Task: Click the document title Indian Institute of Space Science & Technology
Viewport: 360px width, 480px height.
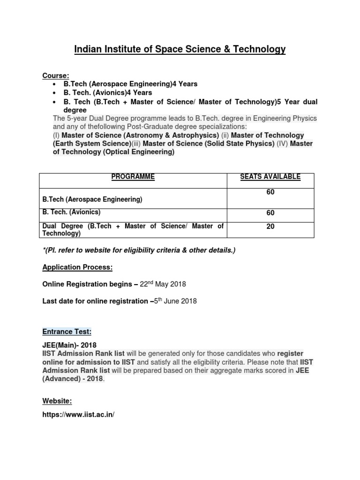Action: pos(180,49)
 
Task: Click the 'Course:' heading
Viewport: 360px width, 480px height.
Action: pos(56,75)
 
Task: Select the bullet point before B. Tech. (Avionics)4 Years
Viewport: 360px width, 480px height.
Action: pos(55,93)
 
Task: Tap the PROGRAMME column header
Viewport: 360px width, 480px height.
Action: pos(133,177)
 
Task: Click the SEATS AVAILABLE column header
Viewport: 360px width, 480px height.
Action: pos(270,177)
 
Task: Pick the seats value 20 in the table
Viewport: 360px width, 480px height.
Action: pos(270,226)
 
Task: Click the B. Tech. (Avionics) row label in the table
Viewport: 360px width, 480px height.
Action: pos(71,212)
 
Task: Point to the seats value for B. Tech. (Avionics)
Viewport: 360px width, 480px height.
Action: pos(270,213)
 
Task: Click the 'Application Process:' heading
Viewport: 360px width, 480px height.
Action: pos(77,267)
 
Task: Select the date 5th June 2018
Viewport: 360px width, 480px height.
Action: pos(176,301)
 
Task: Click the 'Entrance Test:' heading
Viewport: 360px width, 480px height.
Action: pos(67,332)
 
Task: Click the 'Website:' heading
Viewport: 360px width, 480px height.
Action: pos(57,401)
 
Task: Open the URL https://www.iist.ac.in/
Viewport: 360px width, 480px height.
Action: pos(78,415)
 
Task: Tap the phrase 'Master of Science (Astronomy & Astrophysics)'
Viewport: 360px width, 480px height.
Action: pos(135,135)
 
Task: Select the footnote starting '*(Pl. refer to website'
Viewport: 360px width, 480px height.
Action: pos(139,250)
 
